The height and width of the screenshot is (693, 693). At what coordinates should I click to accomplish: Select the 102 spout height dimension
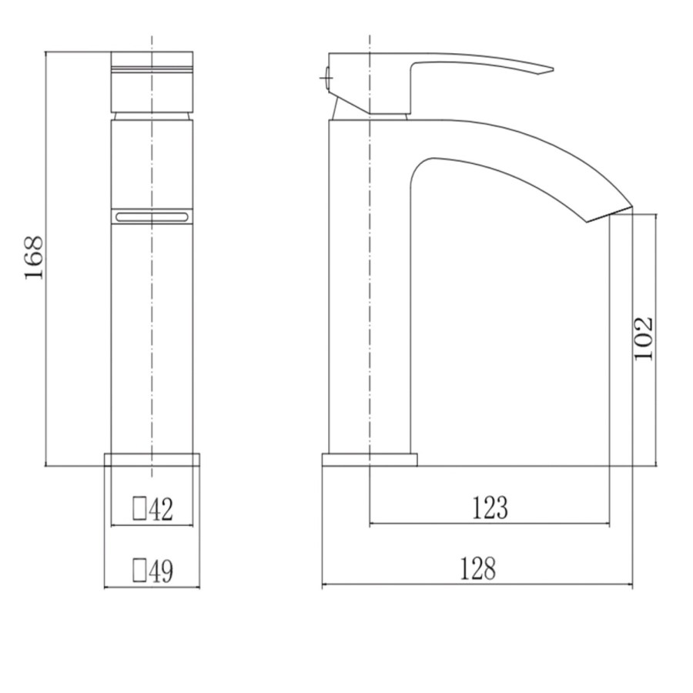pos(644,337)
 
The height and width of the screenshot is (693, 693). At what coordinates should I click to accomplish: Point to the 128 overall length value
pos(478,569)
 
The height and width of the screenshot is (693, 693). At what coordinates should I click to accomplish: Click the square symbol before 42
pos(139,508)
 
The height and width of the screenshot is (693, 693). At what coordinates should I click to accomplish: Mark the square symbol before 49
pos(139,570)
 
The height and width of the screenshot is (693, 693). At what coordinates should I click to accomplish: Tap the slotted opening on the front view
pos(152,218)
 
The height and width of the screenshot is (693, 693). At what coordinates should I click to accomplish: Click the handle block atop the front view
pos(152,81)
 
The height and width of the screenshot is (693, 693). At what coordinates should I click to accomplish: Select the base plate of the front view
pos(152,460)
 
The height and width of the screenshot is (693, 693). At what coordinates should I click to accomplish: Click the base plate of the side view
pos(369,460)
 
